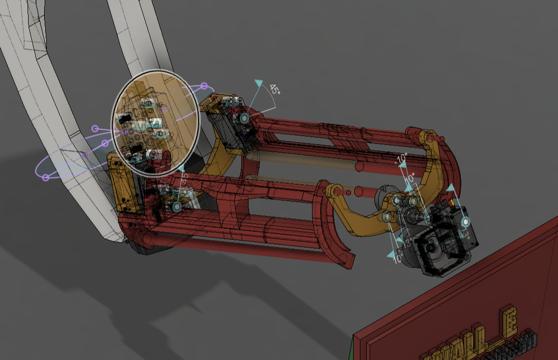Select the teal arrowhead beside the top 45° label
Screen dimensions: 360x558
(x=258, y=84)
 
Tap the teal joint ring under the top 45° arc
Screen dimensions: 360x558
(x=244, y=119)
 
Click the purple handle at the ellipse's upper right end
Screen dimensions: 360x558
(x=204, y=86)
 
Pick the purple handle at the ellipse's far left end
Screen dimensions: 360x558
(x=46, y=177)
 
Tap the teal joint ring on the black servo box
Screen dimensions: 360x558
(x=466, y=222)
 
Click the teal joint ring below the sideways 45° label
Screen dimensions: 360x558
(x=176, y=207)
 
